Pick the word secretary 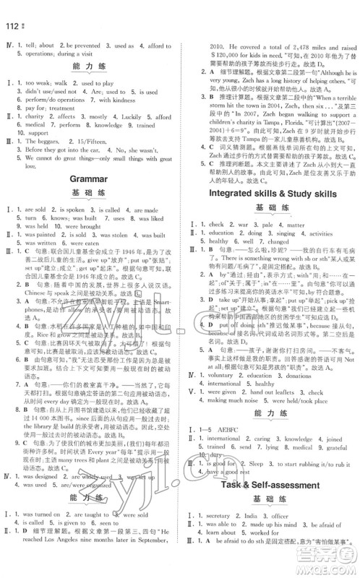tap(215, 535)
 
